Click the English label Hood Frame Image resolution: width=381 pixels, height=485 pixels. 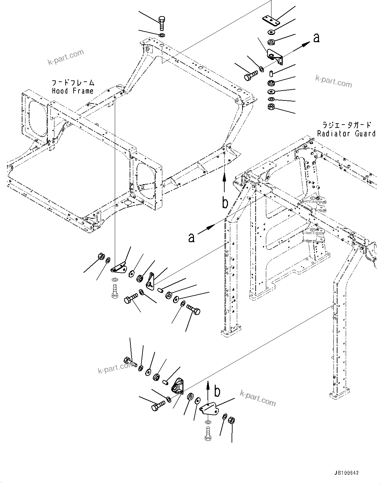point(73,91)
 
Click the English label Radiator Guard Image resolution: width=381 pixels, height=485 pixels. point(346,133)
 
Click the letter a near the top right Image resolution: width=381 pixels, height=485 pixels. point(316,39)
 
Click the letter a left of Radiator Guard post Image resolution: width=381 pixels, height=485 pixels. point(191,237)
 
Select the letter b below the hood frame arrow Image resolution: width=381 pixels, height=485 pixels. point(225,203)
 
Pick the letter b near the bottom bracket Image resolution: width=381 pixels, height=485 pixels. point(217,392)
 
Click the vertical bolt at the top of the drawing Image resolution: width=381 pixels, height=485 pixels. point(162,23)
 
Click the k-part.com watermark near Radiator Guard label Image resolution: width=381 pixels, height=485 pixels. point(333,81)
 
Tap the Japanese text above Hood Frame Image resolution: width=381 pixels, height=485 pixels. point(73,82)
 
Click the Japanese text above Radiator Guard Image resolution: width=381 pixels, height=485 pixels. point(347,125)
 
